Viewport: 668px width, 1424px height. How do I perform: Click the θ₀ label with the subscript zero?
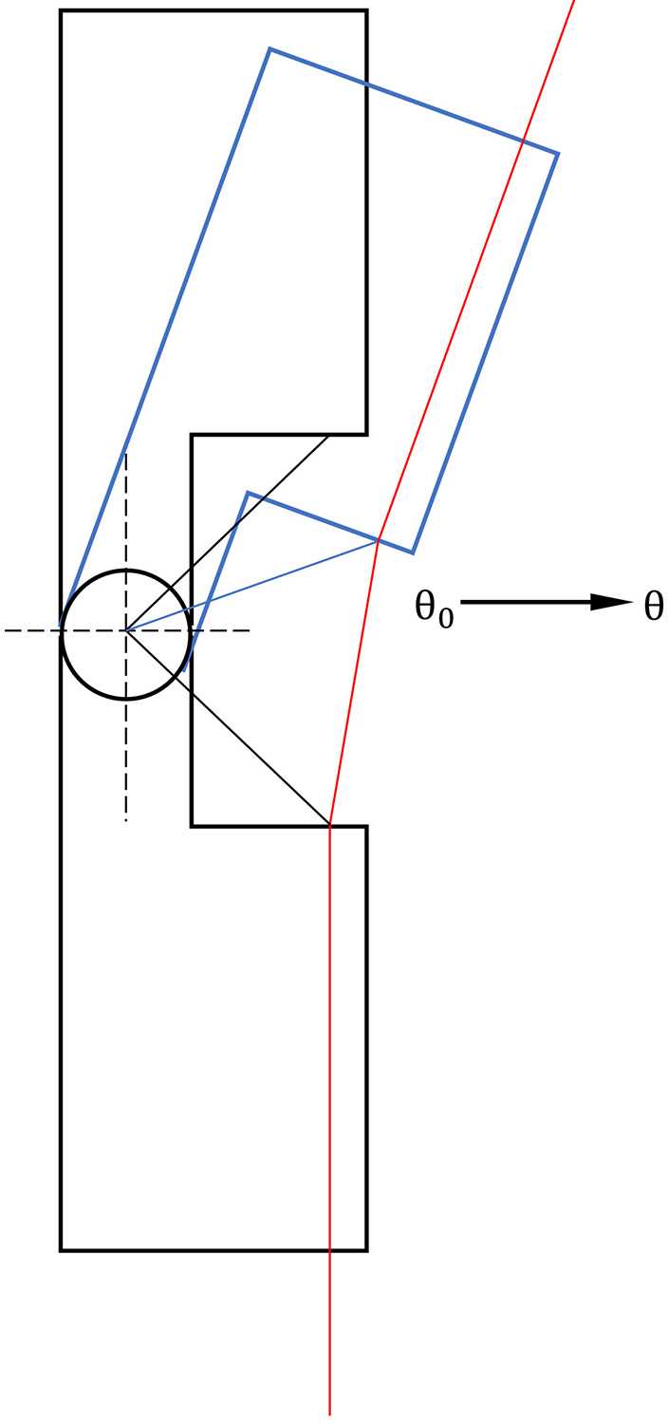(434, 608)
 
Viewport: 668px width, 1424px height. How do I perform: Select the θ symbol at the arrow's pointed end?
(653, 605)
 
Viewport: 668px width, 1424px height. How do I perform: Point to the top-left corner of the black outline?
(61, 11)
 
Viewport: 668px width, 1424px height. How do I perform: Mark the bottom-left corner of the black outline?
(61, 1250)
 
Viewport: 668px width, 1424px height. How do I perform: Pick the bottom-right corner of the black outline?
(366, 1250)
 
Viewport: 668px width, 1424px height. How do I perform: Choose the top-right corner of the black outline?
(366, 11)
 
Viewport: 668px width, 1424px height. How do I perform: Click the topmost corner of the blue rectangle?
(270, 48)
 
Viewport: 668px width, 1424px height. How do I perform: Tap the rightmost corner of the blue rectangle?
(558, 153)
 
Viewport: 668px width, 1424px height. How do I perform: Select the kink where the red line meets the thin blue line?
(379, 540)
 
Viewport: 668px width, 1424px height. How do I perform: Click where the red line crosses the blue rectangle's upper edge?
(523, 141)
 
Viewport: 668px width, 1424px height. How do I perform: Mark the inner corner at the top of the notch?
(192, 435)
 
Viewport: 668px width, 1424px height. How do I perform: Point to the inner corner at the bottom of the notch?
(192, 826)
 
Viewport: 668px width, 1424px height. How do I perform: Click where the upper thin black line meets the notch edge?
(329, 435)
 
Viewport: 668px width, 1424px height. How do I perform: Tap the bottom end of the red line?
(329, 1415)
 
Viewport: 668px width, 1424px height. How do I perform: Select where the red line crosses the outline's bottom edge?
(329, 1250)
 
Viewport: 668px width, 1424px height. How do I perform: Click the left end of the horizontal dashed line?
(6, 630)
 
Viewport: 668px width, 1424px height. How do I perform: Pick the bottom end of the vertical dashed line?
(126, 818)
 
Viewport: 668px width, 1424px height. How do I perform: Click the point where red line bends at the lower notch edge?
(329, 826)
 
